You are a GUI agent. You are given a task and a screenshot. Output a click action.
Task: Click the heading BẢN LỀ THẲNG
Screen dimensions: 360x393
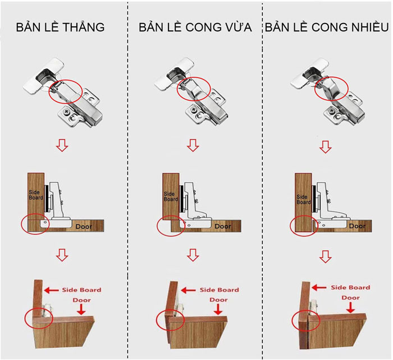click(60, 27)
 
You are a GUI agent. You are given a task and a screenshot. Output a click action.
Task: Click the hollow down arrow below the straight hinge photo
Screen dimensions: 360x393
click(62, 146)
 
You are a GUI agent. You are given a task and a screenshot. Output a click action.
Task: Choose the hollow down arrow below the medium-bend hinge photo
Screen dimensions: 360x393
click(193, 146)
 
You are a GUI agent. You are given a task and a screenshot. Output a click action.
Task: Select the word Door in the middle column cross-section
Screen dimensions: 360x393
click(223, 227)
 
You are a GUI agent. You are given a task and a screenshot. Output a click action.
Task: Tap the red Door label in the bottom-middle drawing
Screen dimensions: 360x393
click(218, 300)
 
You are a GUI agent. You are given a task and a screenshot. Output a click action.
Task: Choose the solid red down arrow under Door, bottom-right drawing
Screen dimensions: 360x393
click(350, 308)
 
